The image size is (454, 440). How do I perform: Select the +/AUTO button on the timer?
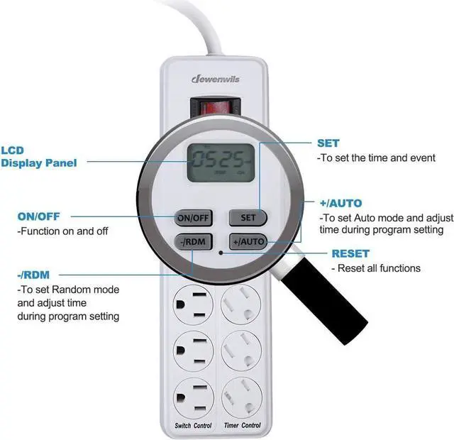(x=248, y=242)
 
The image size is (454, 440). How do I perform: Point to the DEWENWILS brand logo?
(x=217, y=80)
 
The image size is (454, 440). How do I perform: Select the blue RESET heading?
(x=350, y=253)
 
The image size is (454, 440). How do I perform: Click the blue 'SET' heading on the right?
(x=328, y=143)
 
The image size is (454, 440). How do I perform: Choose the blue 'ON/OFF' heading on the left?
(x=39, y=217)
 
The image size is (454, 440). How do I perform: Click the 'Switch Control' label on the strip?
(x=193, y=425)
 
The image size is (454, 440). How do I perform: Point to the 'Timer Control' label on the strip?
(x=241, y=425)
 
